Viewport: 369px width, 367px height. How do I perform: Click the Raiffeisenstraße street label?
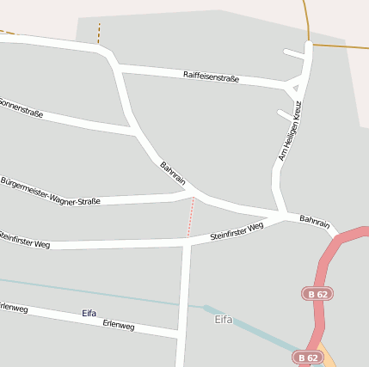tap(212, 76)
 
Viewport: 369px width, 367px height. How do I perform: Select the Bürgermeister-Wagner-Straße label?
tap(50, 192)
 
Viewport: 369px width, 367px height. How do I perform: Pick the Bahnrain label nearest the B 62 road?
tap(315, 222)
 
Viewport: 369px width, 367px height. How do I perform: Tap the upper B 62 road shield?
tap(317, 294)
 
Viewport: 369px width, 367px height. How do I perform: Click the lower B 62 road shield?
tap(308, 357)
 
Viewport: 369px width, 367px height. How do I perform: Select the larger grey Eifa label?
tap(224, 320)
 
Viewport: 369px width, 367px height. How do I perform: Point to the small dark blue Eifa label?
tap(89, 313)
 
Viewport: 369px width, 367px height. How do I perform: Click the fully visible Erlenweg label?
tap(119, 326)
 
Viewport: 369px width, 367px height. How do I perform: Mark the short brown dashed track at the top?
tap(99, 34)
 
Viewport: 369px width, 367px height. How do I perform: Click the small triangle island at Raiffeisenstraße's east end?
tap(296, 88)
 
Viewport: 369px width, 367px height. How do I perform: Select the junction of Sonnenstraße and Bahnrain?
tap(136, 132)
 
